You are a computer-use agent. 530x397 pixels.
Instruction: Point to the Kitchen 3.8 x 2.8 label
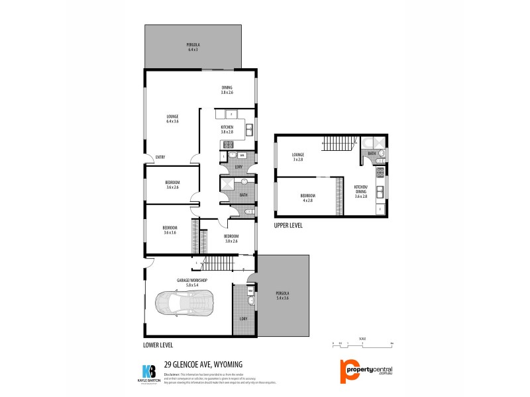point(227,130)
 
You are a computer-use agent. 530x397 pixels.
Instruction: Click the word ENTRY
point(160,157)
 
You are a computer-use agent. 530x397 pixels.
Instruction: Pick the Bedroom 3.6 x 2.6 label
point(173,185)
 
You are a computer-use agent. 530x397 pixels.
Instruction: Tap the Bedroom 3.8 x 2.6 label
point(231,238)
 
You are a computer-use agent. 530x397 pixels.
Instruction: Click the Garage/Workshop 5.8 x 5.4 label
point(192,283)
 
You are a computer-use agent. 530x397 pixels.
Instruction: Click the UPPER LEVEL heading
point(288,225)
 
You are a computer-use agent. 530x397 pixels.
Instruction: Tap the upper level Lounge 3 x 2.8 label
point(297,157)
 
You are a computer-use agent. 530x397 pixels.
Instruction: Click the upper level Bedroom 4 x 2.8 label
point(307,197)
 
